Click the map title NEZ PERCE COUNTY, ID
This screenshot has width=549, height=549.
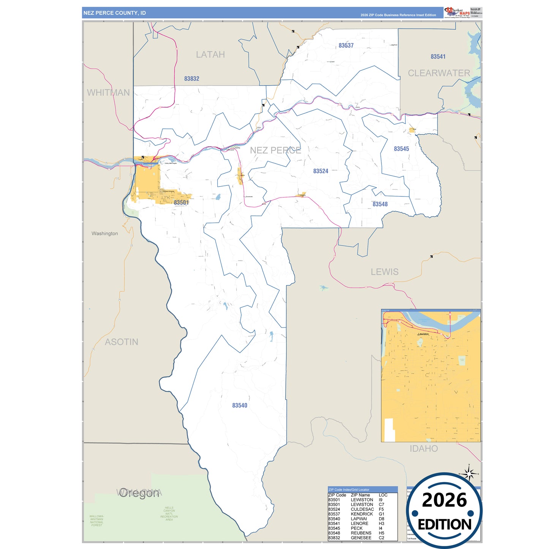(x=114, y=13)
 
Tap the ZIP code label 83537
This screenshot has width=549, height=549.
(x=346, y=46)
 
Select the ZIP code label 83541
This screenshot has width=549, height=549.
(x=438, y=57)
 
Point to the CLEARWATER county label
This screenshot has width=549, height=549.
(x=439, y=73)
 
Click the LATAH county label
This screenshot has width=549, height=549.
(x=210, y=55)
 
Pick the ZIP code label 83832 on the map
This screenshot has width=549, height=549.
(x=191, y=79)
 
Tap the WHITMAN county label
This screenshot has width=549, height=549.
(x=108, y=93)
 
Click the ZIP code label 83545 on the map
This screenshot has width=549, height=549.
(x=401, y=149)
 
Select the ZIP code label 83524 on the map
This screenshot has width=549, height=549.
(x=321, y=171)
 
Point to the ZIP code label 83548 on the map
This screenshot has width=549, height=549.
(x=380, y=204)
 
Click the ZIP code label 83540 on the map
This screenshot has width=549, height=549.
(x=240, y=406)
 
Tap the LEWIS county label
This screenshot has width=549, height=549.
(x=384, y=272)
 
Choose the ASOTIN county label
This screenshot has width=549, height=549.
(x=122, y=342)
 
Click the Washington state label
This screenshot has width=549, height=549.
(x=104, y=234)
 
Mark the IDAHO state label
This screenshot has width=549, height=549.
(x=424, y=449)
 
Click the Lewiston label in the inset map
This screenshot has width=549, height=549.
(x=423, y=334)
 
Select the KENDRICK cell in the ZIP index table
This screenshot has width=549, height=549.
(x=362, y=514)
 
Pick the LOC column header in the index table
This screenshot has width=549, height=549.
(x=383, y=495)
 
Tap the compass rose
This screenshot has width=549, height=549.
(x=469, y=474)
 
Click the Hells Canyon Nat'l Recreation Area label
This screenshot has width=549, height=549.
(x=169, y=514)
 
